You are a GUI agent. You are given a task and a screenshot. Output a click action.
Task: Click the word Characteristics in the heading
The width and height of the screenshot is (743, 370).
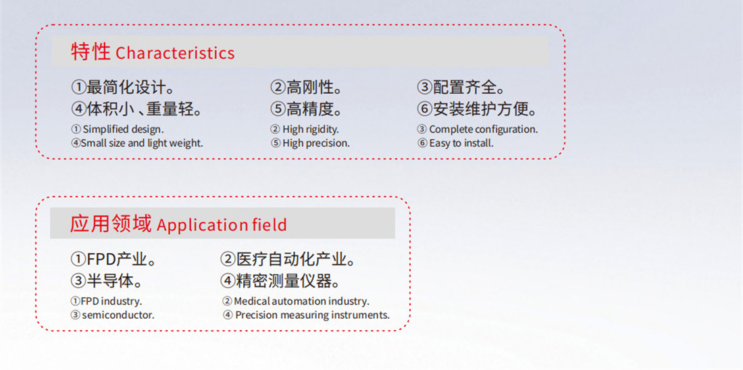click(175, 53)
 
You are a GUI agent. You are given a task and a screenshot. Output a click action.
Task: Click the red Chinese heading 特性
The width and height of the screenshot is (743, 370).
click(91, 52)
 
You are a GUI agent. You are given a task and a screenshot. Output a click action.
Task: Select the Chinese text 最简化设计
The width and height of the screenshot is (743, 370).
click(127, 87)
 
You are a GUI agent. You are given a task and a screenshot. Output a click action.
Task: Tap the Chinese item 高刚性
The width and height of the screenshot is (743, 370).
click(309, 87)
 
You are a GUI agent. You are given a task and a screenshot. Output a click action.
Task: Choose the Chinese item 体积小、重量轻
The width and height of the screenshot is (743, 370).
click(140, 109)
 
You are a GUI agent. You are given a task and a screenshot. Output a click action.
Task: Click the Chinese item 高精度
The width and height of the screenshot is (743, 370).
click(309, 109)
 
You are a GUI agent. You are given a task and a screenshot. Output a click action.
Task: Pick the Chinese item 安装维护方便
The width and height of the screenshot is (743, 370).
click(480, 109)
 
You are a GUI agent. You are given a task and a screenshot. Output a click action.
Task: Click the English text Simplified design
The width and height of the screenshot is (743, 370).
click(123, 130)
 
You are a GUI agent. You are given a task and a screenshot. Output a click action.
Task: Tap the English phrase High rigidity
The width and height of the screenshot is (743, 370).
click(311, 130)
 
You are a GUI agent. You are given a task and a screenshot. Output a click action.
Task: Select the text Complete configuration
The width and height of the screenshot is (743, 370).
click(484, 130)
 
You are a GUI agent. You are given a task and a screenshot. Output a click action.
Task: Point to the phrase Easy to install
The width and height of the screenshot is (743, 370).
click(461, 143)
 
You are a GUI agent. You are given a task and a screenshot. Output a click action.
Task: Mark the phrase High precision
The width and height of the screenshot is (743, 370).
click(316, 143)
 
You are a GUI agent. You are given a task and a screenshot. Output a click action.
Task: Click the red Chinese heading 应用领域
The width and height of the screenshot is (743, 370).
click(111, 223)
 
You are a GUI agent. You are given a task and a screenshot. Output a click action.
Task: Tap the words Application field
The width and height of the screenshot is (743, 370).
click(222, 225)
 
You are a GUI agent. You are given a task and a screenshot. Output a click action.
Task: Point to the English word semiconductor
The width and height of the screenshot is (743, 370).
click(118, 315)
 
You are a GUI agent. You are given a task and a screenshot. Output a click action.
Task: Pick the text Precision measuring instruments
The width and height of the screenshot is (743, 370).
click(312, 315)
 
